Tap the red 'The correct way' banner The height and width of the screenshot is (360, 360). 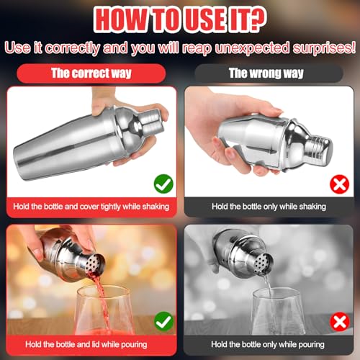coord(91,73)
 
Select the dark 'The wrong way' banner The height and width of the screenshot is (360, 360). coord(269,73)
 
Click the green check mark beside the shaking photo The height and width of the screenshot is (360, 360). coord(163,184)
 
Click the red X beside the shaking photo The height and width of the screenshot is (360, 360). coord(339,184)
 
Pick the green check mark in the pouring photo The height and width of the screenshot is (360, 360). coord(163,321)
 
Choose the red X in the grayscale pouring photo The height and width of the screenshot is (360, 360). coord(340,322)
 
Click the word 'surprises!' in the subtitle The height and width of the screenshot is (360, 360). coord(323,48)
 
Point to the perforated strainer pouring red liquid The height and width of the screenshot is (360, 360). coord(95,264)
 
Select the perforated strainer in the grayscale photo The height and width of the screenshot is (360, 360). coord(264,264)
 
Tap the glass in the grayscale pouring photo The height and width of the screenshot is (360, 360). coord(279,311)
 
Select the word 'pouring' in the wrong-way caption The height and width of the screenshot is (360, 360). coord(311,345)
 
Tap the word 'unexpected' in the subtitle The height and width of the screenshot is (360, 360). coord(252,48)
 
